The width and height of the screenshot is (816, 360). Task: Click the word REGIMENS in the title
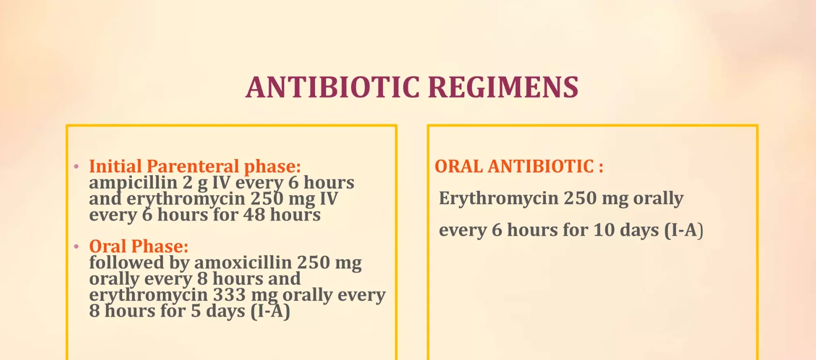(x=503, y=88)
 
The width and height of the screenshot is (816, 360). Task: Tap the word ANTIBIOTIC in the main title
(x=332, y=88)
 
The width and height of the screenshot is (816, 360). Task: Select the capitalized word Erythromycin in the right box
(x=499, y=199)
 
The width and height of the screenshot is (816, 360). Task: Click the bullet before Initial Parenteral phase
(x=76, y=166)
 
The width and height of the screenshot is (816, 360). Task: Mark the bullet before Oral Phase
(x=76, y=247)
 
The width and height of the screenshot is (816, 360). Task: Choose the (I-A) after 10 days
(x=684, y=231)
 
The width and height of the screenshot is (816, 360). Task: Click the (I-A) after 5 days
(x=270, y=311)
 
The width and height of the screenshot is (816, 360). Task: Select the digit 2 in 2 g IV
(x=188, y=182)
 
